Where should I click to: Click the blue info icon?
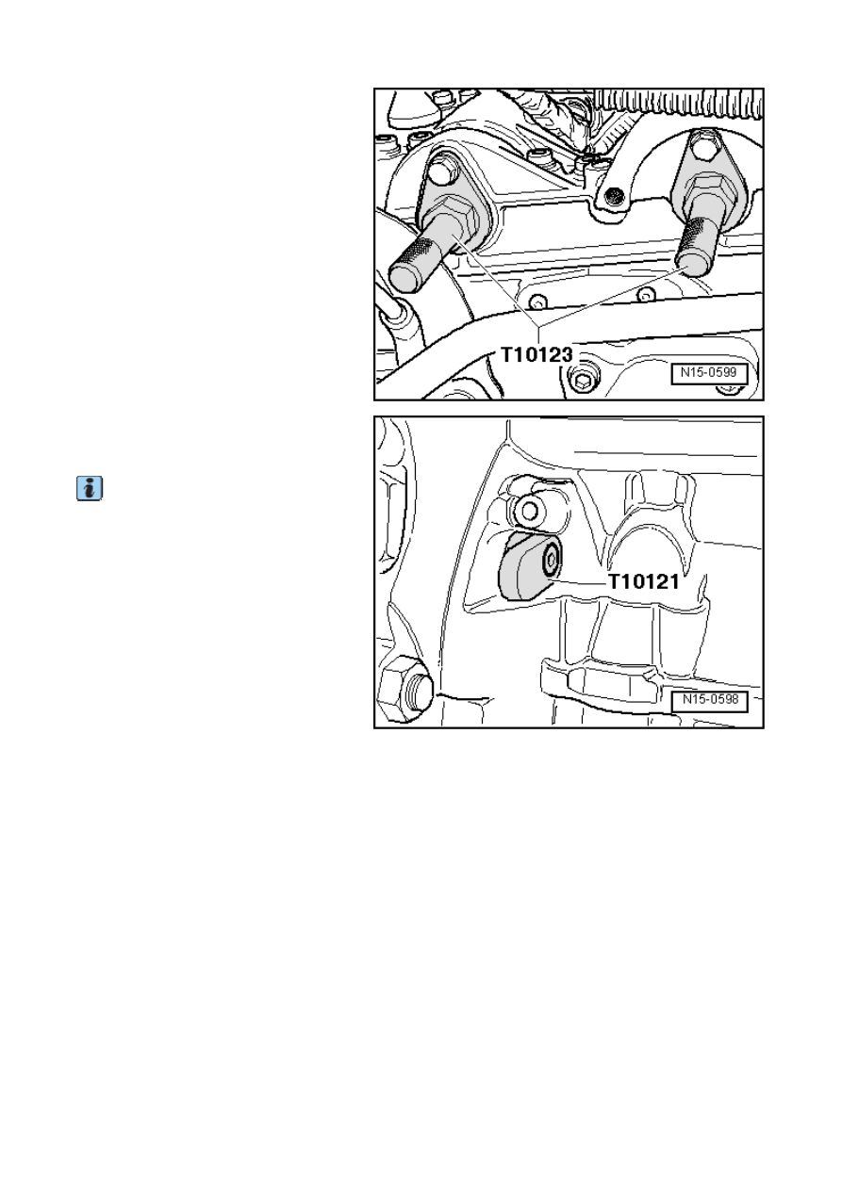[90, 488]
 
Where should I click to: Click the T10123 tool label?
[537, 354]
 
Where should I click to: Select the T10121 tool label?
[643, 581]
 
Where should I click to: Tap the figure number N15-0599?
[709, 373]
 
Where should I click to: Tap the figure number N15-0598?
[710, 700]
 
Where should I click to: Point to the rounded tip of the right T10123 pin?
[691, 264]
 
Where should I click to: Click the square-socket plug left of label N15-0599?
[583, 380]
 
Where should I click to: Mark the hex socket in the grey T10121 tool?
[551, 560]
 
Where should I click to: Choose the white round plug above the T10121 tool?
[529, 511]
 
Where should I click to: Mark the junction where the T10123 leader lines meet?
[538, 325]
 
